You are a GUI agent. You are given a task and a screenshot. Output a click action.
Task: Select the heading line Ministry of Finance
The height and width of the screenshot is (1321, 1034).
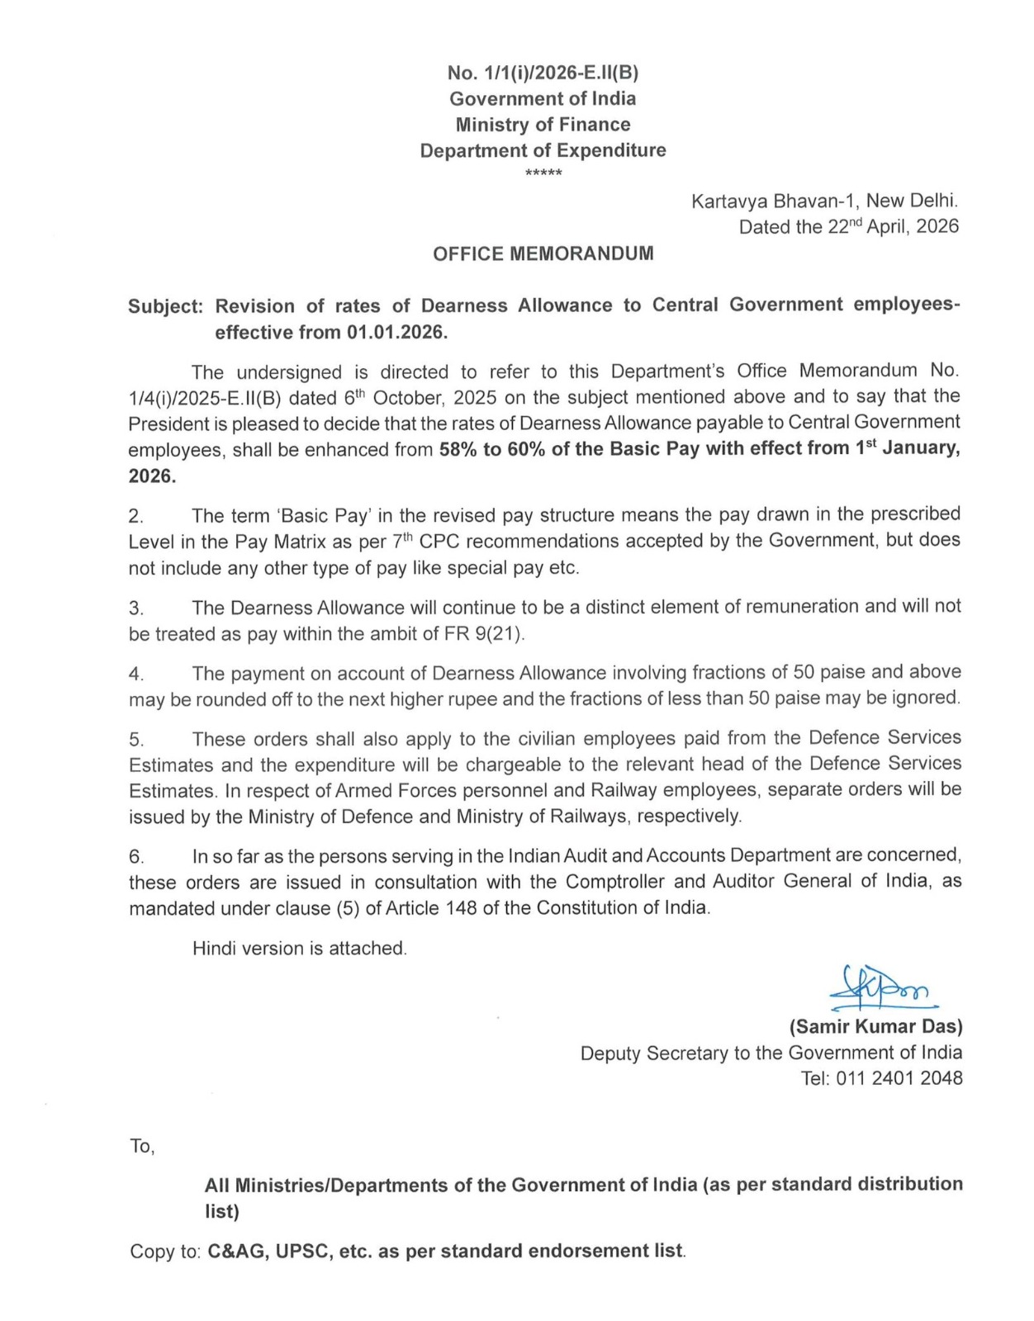click(x=543, y=125)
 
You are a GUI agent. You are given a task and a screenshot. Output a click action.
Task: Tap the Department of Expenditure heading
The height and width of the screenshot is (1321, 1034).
click(x=543, y=150)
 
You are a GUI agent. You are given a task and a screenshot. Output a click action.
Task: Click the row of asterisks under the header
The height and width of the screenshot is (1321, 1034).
click(x=543, y=173)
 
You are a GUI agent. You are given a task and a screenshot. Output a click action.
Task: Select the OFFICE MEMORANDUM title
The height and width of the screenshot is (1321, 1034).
click(x=543, y=253)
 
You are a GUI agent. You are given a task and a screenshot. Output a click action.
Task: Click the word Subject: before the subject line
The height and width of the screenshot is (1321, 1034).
click(x=165, y=306)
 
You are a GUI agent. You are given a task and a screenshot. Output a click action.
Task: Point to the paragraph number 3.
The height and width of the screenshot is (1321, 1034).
click(x=136, y=609)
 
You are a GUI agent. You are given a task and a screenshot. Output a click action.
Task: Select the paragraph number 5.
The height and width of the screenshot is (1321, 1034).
click(x=136, y=740)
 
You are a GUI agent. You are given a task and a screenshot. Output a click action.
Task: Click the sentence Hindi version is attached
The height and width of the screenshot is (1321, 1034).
click(x=300, y=949)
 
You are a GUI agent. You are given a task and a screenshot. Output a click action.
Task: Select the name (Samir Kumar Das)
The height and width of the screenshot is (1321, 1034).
click(x=876, y=1027)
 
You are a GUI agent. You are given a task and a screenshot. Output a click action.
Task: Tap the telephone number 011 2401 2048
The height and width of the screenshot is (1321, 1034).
click(x=899, y=1078)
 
